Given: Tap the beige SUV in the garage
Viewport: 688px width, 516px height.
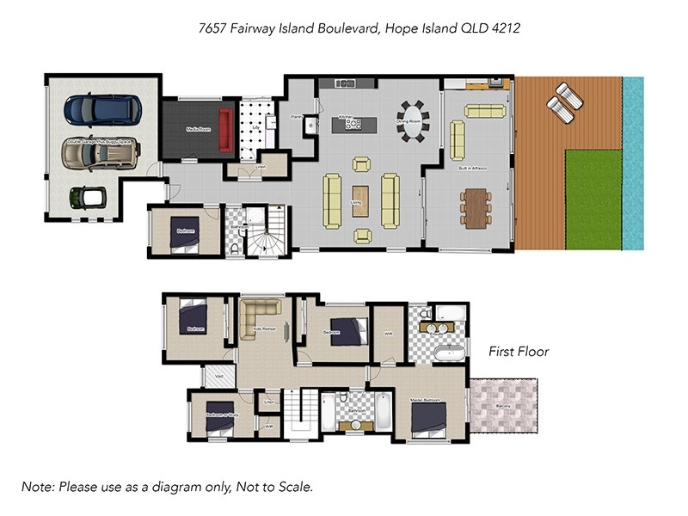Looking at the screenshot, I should click(x=100, y=154).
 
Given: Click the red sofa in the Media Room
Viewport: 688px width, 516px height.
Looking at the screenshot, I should click(x=226, y=130).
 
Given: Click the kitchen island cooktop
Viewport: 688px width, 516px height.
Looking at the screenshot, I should click(x=353, y=124).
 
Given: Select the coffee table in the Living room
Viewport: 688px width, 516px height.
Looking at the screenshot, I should click(x=360, y=200).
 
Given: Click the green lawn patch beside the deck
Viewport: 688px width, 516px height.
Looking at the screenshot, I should click(x=593, y=198).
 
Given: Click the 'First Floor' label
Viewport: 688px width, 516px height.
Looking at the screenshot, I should click(x=519, y=352).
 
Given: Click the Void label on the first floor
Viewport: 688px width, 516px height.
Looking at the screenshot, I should click(x=218, y=376).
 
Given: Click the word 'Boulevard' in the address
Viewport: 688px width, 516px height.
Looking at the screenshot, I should click(x=341, y=28).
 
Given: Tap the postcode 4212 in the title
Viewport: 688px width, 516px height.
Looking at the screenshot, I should click(x=505, y=28).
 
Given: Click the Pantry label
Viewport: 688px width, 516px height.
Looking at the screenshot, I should click(x=297, y=115).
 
